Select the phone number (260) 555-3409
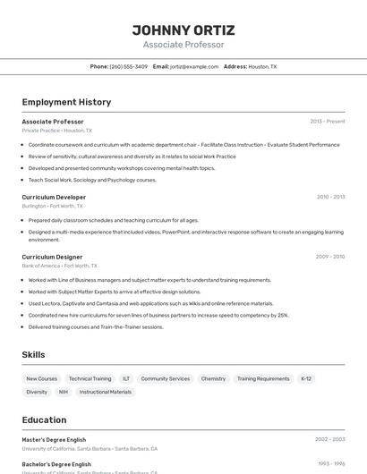point(128,66)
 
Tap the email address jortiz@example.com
point(194,66)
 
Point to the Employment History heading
point(66,102)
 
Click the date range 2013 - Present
point(327,121)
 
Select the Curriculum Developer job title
point(54,197)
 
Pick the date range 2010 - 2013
point(330,197)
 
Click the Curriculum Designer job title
point(52,257)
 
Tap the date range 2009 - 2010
point(329,257)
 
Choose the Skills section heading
point(33,354)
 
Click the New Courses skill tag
point(41,378)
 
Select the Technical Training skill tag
point(90,378)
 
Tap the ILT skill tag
point(126,378)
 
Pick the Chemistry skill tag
point(213,378)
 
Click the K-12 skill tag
point(306,378)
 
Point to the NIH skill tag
point(64,392)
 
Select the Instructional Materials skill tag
point(106,392)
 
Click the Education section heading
point(44,419)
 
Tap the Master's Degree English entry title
point(54,439)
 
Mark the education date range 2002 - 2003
point(329,439)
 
